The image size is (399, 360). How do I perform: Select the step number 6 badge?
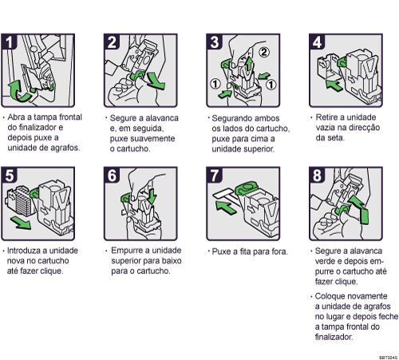pos(111,173)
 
